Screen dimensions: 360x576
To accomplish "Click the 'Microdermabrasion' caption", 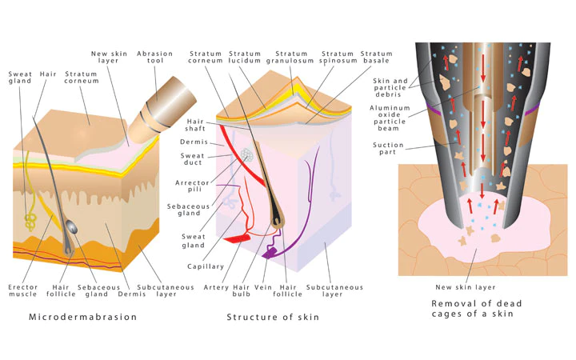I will tap(82, 317).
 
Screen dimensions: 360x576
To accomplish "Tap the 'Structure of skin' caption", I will tap(272, 317).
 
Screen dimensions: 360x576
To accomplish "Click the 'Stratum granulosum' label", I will tap(289, 58).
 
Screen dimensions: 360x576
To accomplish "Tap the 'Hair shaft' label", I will tap(196, 127).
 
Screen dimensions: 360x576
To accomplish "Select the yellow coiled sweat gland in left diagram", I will tap(31, 218).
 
